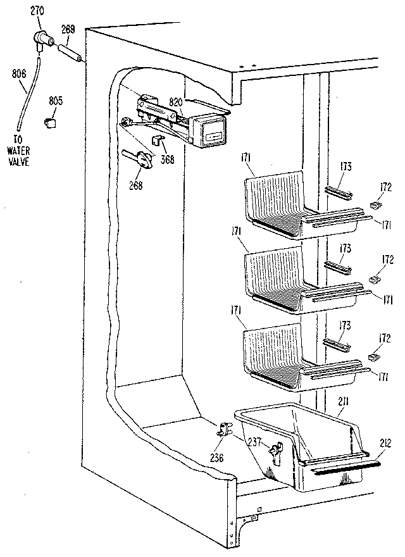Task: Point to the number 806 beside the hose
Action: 18,74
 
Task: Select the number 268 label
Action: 134,185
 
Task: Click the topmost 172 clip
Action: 374,205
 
